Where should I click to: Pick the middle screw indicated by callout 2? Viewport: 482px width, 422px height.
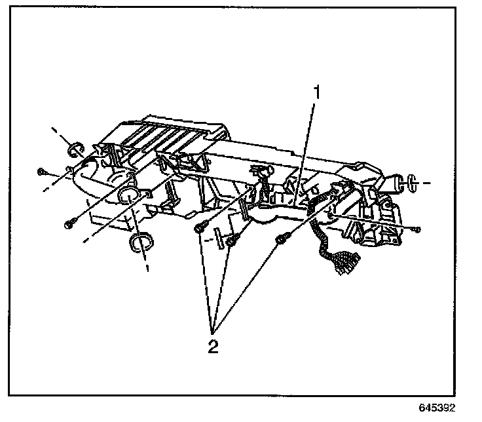(x=231, y=242)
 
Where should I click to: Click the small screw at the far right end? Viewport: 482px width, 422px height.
(x=418, y=229)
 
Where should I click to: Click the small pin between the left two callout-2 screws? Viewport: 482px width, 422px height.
(x=213, y=237)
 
